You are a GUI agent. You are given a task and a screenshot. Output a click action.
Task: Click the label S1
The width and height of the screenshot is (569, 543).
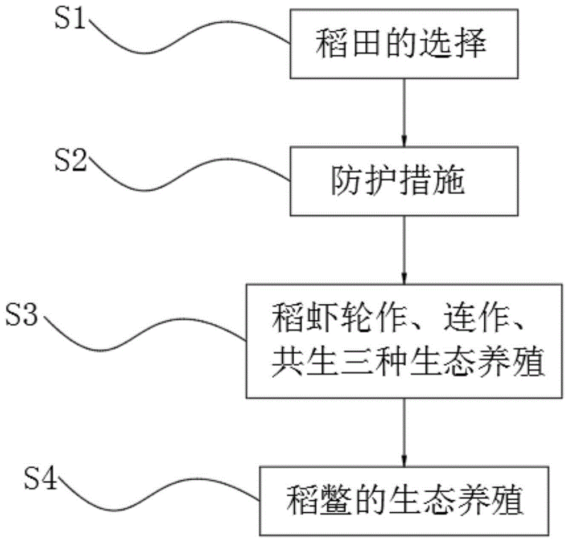pos(70,21)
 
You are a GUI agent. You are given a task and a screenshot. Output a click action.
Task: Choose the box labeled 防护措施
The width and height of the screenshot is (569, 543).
pos(405,183)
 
